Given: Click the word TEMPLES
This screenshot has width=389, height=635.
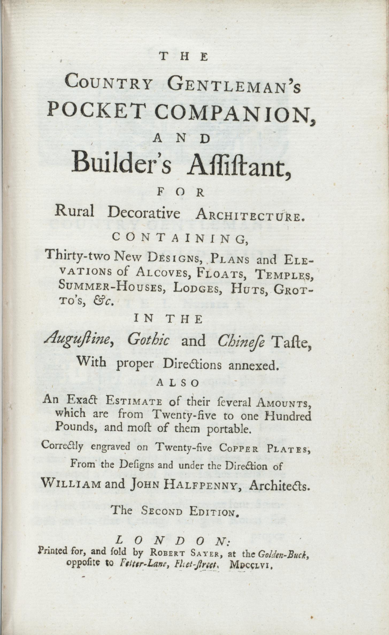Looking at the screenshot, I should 284,274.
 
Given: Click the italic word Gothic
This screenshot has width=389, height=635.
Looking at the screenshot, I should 148,341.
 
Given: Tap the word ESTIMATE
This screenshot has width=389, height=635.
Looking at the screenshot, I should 134,402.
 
